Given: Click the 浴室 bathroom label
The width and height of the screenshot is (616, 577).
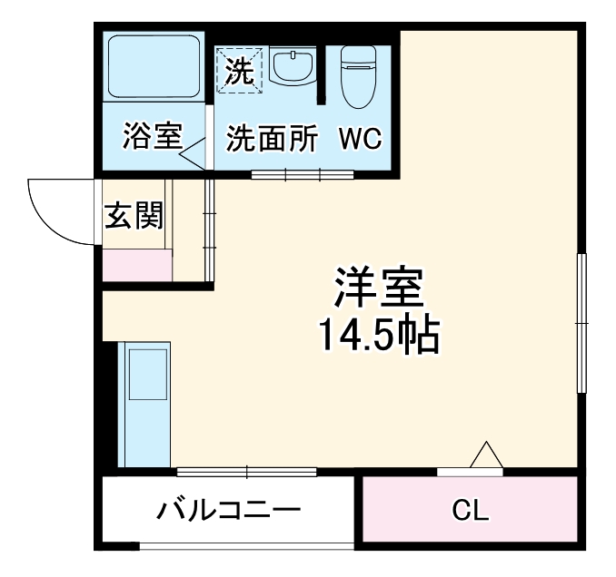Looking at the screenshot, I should [153, 138].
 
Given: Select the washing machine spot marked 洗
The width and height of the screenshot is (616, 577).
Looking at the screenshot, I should [239, 71].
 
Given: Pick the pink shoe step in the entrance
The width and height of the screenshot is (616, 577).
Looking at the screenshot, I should [136, 265].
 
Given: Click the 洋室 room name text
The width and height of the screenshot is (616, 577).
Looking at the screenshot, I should [378, 288].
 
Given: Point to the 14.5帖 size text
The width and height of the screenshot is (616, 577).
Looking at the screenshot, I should [378, 335].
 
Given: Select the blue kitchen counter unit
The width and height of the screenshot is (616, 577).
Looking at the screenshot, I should [145, 404].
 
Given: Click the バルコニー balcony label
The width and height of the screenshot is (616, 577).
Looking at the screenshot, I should [227, 512].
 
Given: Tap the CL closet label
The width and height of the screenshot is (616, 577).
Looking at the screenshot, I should [471, 511].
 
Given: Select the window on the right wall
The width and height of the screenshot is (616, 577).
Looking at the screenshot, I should [581, 322].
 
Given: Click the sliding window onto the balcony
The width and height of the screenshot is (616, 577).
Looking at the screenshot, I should [246, 471].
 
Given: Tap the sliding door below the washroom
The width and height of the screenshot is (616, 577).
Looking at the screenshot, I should [288, 172].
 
